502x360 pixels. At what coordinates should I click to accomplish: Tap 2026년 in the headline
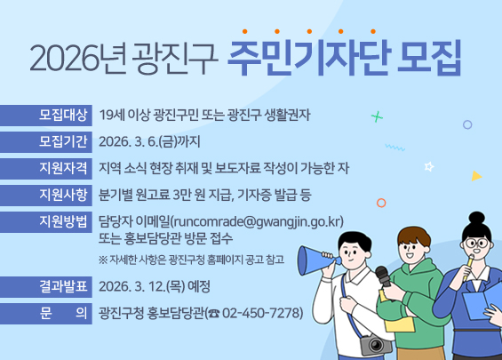point(79,60)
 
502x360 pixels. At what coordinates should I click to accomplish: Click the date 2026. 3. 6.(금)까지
point(150,141)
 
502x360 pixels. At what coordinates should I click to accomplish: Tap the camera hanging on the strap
point(374,343)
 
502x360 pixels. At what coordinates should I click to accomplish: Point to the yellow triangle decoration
point(476,176)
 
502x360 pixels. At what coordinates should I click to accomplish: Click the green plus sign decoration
point(377,116)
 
